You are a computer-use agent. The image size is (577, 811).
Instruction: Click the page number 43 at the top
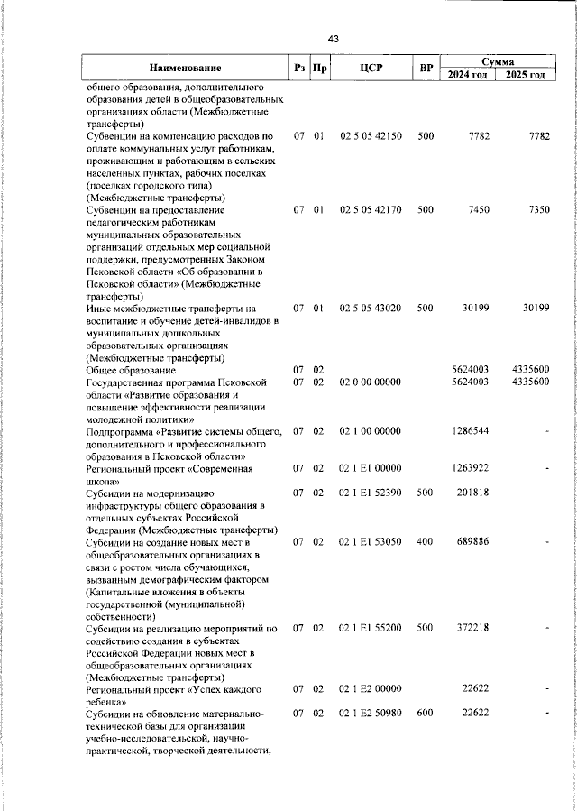334,39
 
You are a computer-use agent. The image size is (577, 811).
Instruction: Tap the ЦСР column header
371,68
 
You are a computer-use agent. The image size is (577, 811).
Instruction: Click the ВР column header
426,68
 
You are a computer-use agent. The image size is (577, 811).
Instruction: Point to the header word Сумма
498,61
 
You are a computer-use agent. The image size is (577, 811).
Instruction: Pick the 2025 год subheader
527,75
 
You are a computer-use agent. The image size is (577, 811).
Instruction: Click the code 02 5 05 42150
371,136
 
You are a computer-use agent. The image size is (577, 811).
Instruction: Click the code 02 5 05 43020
371,309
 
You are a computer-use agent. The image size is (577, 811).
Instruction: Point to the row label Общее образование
131,371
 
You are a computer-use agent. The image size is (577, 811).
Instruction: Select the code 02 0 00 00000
371,382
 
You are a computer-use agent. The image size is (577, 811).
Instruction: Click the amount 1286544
471,432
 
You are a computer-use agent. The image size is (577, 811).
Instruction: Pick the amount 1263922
471,469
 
